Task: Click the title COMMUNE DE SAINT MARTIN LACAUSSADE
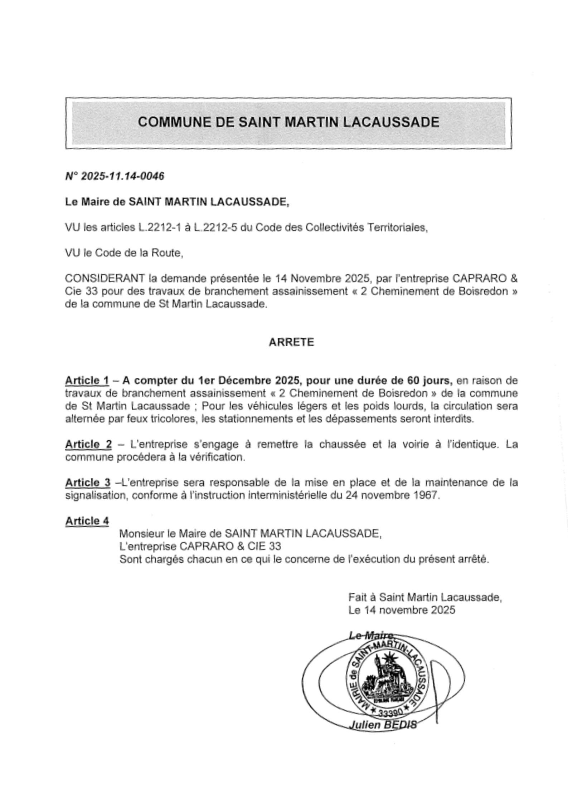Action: click(288, 122)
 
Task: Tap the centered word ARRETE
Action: click(291, 342)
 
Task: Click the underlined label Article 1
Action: click(87, 381)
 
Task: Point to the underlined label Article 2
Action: click(88, 445)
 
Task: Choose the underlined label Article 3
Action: click(88, 483)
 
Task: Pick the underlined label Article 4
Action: click(87, 521)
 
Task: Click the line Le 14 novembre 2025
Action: click(402, 610)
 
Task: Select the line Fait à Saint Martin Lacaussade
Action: click(425, 597)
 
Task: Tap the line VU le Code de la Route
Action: click(124, 253)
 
